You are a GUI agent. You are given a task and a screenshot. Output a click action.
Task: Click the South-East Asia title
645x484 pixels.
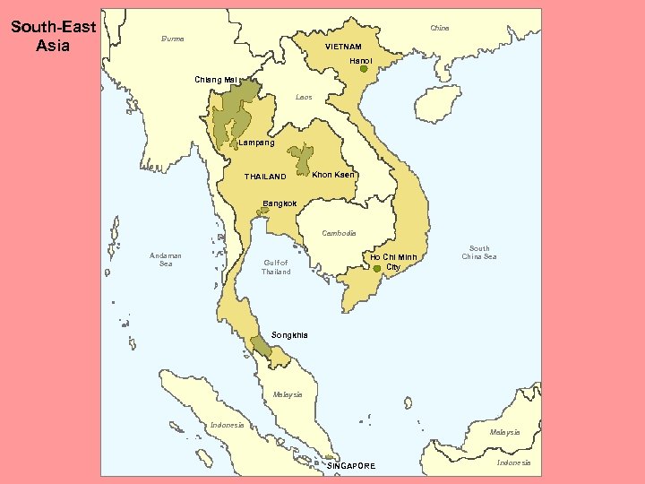point(53,36)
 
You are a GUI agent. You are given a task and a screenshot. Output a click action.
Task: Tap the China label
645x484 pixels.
point(439,28)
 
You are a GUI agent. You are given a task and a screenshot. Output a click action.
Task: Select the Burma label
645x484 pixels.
point(172,39)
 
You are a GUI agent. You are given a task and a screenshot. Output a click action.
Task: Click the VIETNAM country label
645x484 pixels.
point(343,47)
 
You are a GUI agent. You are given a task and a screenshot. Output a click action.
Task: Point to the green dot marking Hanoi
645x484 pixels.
point(364,70)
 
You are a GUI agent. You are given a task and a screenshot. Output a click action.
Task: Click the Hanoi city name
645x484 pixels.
point(361,60)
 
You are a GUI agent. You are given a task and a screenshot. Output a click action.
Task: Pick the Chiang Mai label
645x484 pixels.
point(216,80)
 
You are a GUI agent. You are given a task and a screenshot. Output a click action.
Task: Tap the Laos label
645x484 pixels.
point(304,97)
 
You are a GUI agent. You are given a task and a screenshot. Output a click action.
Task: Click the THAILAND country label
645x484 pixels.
point(265,177)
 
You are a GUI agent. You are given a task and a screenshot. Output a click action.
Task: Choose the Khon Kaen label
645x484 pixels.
point(333,174)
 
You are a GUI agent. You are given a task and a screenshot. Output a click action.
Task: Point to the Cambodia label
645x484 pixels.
point(340,233)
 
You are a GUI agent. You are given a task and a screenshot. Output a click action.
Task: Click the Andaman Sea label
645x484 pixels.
point(166,260)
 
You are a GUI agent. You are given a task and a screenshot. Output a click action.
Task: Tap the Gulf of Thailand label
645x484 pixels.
point(276,267)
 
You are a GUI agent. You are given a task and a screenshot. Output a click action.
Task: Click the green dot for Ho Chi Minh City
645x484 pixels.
point(377,268)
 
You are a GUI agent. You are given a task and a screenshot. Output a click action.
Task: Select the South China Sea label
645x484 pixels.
point(479,253)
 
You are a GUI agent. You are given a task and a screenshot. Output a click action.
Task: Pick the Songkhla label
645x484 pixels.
point(289,335)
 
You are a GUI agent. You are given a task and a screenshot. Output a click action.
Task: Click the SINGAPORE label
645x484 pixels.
point(351,466)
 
